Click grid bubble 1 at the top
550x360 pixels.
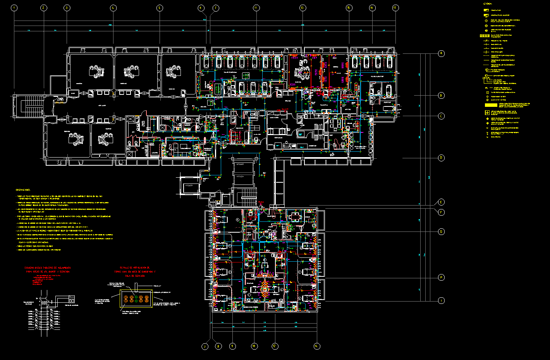(x=15, y=8)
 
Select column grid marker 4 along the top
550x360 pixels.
(x=113, y=8)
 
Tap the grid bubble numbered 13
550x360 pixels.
(x=302, y=8)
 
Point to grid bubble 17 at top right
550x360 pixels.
(x=395, y=8)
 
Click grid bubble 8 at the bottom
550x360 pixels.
(x=218, y=346)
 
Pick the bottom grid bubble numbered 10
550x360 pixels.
(x=254, y=346)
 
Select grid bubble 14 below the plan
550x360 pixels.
(x=317, y=346)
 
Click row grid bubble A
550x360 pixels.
(x=441, y=53)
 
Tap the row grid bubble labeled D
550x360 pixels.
(x=441, y=158)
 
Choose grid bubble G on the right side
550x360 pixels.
(x=441, y=232)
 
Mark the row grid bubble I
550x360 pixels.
(x=441, y=301)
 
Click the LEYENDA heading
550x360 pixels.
(x=487, y=4)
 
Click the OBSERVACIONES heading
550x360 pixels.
(x=23, y=190)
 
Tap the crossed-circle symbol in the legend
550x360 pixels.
(x=486, y=26)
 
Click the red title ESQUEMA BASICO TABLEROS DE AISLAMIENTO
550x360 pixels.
(x=47, y=268)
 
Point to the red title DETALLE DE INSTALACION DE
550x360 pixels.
(x=135, y=268)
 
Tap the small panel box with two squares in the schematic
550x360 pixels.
(x=71, y=298)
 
